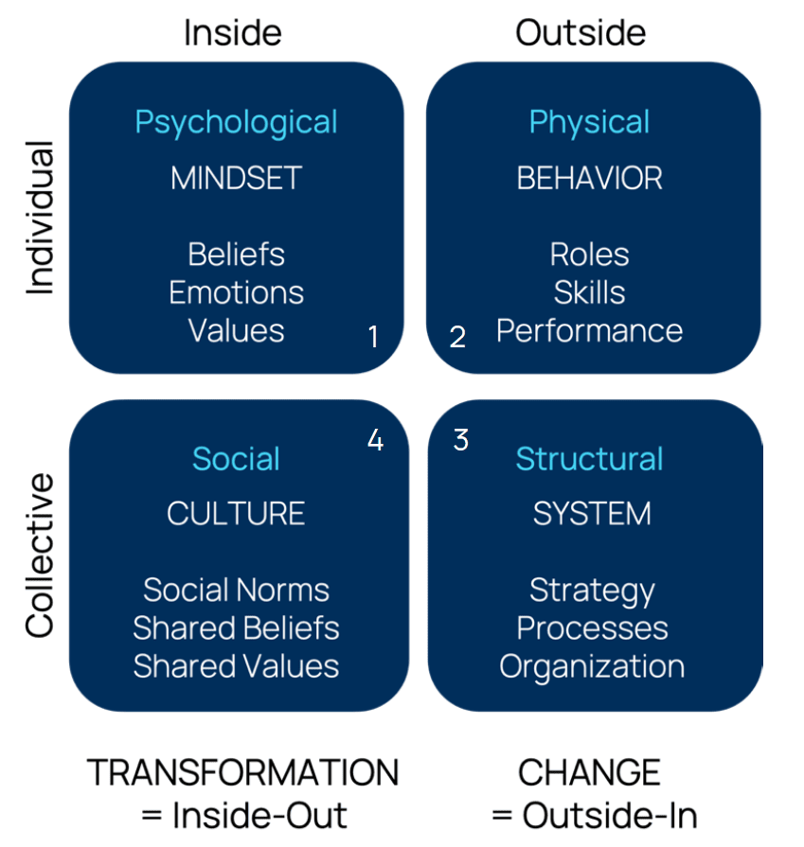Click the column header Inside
pyautogui.click(x=232, y=33)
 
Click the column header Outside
pyautogui.click(x=581, y=33)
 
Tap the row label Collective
pyautogui.click(x=39, y=556)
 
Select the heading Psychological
pyautogui.click(x=236, y=122)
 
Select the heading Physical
pyautogui.click(x=589, y=122)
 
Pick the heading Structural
pyautogui.click(x=589, y=459)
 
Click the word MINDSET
pyautogui.click(x=236, y=178)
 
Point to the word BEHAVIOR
pyautogui.click(x=589, y=178)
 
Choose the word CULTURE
pyautogui.click(x=236, y=513)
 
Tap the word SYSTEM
pyautogui.click(x=592, y=513)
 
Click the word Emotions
pyautogui.click(x=236, y=292)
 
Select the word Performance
pyautogui.click(x=589, y=330)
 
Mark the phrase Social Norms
pyautogui.click(x=236, y=590)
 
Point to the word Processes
pyautogui.click(x=592, y=627)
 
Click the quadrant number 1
pyautogui.click(x=373, y=336)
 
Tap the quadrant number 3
pyautogui.click(x=460, y=440)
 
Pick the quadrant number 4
pyautogui.click(x=375, y=440)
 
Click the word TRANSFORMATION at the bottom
pyautogui.click(x=242, y=773)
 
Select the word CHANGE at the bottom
pyautogui.click(x=588, y=773)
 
